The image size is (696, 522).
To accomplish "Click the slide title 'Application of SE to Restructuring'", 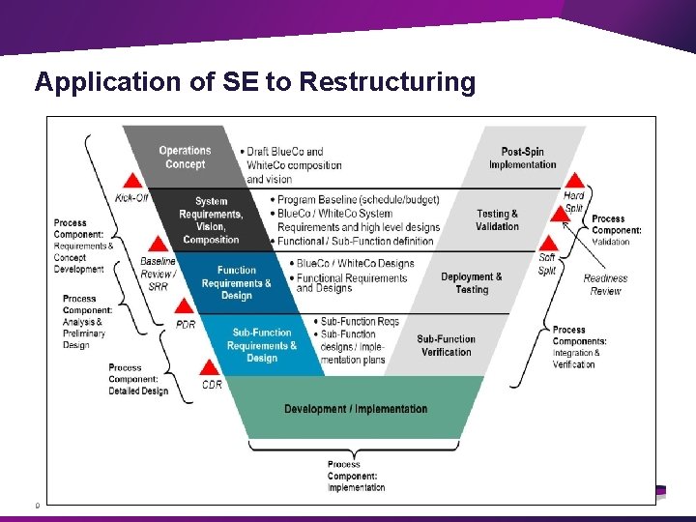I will tap(255, 82).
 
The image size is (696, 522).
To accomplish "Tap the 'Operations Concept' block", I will tap(185, 158).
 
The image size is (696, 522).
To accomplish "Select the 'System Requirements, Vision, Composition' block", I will tap(211, 220).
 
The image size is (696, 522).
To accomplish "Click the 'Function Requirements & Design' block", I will tap(236, 283).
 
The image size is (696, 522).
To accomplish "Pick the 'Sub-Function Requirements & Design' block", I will tap(261, 345).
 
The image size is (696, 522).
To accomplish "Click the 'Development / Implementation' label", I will tap(356, 409).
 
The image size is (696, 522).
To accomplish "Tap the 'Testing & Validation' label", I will tap(498, 220).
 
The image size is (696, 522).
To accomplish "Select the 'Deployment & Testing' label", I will tap(472, 283).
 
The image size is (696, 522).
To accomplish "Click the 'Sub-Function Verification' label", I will tap(447, 345).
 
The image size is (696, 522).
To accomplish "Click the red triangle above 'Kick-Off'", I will tap(131, 181).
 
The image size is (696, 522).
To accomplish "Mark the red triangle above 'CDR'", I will tap(210, 366).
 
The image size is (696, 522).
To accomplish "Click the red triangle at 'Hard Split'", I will tap(574, 180).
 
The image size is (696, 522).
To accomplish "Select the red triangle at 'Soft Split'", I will tap(548, 243).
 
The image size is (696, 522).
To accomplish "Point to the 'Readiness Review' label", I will tap(605, 284).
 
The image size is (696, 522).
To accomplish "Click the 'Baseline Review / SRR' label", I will tap(158, 274).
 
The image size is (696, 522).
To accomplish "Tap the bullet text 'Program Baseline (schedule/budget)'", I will tap(358, 200).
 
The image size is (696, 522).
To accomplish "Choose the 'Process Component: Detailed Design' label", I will tap(138, 379).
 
